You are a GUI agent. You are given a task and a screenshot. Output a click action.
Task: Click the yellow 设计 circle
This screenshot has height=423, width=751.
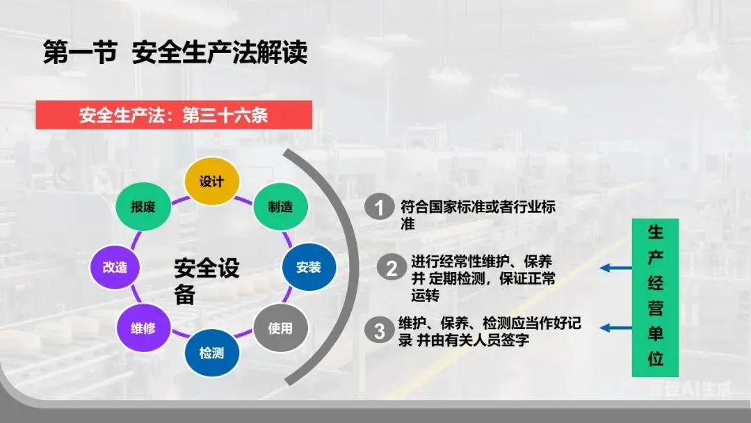pyautogui.click(x=211, y=182)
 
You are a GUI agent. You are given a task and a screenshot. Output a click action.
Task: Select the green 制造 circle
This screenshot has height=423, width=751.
pyautogui.click(x=280, y=207)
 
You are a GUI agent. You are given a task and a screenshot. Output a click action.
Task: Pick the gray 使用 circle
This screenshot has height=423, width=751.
pyautogui.click(x=280, y=328)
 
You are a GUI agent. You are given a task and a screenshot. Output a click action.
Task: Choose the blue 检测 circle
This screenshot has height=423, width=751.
pyautogui.click(x=211, y=353)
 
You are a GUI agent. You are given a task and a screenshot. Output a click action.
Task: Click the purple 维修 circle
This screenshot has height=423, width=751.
pyautogui.click(x=143, y=328)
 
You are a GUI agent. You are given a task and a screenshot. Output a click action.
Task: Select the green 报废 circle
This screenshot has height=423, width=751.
pyautogui.click(x=143, y=207)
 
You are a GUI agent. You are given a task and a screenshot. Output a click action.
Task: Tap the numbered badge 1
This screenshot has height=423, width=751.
pyautogui.click(x=379, y=207)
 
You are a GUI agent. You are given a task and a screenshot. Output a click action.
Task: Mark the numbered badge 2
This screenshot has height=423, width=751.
pyautogui.click(x=392, y=269)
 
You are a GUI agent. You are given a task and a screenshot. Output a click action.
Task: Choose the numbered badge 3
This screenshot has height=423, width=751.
pyautogui.click(x=379, y=330)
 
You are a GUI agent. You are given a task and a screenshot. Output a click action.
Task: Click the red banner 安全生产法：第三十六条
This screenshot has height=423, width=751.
pyautogui.click(x=174, y=115)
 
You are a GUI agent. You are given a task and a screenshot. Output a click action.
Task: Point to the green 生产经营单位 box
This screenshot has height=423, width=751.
pyautogui.click(x=655, y=297)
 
